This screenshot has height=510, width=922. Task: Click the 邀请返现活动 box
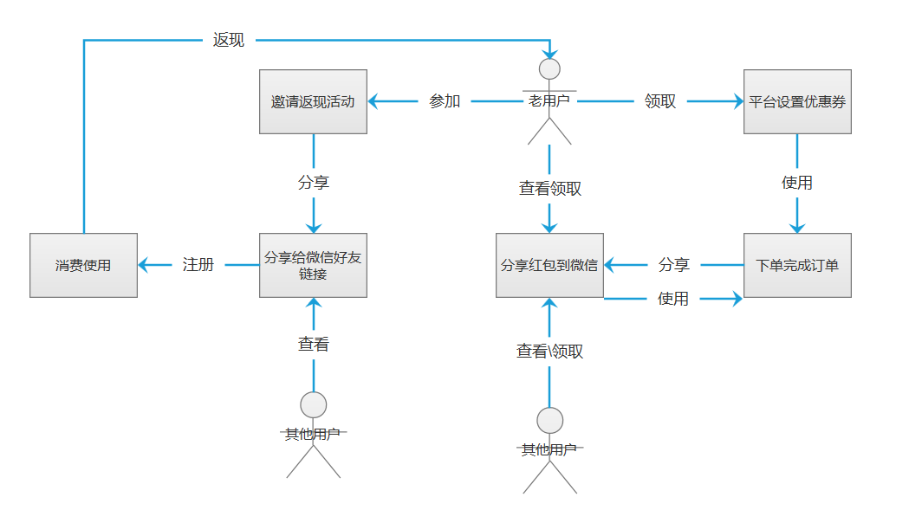point(313,101)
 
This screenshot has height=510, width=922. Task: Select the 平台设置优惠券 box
point(797,101)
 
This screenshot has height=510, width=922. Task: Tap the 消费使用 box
point(83,265)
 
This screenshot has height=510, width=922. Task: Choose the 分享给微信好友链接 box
point(313,265)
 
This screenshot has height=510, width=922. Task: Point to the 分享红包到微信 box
point(549,265)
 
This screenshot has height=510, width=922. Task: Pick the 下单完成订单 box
point(797,265)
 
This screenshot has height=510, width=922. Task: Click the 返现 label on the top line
point(229,40)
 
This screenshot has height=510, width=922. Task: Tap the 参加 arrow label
point(445,101)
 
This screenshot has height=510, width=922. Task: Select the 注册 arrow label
point(198,265)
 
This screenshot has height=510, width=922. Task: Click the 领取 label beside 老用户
point(660,101)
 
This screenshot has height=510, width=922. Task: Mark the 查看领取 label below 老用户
point(550,188)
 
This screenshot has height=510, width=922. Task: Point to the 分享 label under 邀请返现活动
point(313,183)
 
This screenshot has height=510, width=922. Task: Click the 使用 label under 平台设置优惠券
point(797,183)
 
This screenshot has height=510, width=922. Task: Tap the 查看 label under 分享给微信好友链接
point(313,345)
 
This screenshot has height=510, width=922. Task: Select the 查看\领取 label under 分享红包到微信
point(550,351)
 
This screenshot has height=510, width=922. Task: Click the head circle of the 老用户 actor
point(549,69)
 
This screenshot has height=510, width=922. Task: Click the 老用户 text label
point(549,101)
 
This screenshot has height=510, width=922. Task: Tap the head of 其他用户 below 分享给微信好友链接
point(313,404)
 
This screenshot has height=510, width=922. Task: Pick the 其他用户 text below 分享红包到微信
point(549,450)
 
